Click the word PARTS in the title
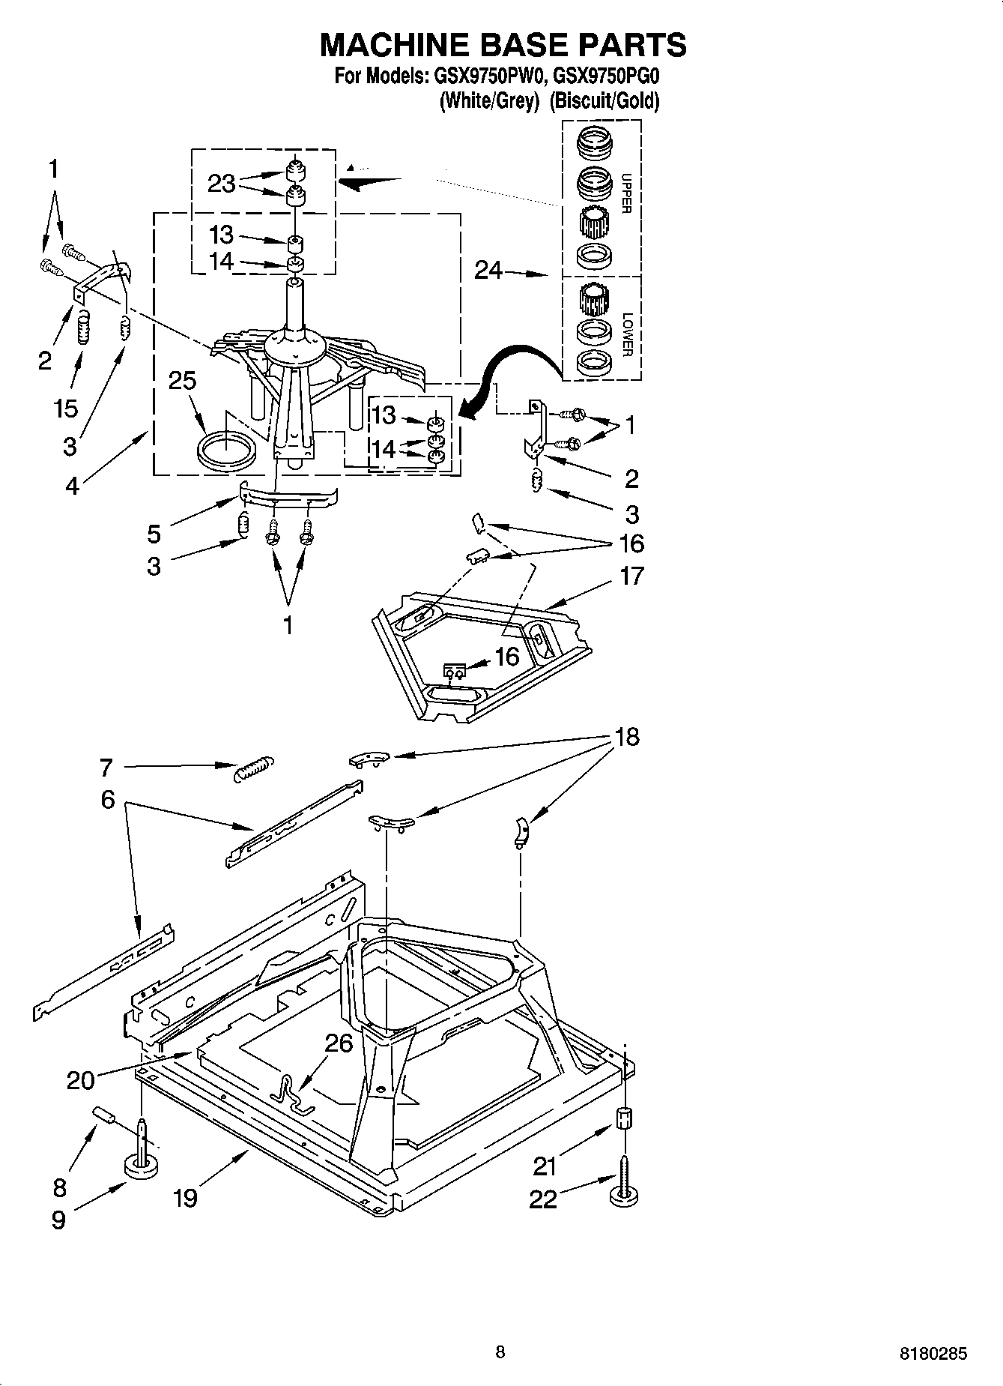click(624, 45)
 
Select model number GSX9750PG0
click(605, 76)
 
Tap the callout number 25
click(182, 381)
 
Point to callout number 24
click(488, 270)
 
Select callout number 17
click(631, 576)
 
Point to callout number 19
click(185, 1197)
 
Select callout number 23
click(221, 184)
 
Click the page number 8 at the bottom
click(500, 1352)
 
